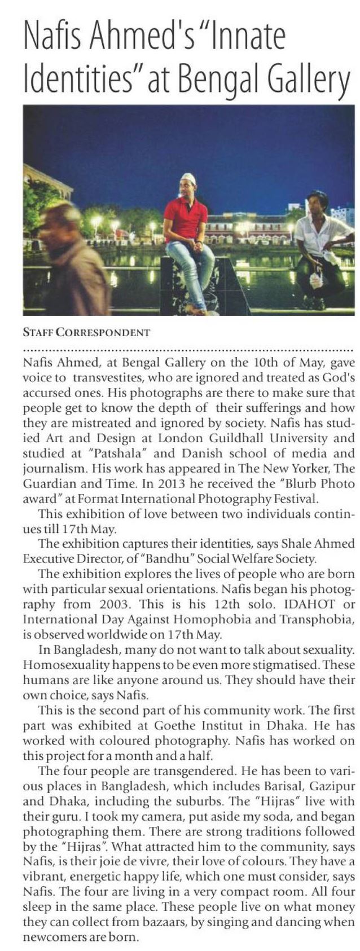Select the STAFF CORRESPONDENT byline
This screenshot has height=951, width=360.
point(86,332)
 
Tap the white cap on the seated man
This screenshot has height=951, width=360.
point(187,179)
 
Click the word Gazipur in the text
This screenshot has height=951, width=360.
point(332,785)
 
